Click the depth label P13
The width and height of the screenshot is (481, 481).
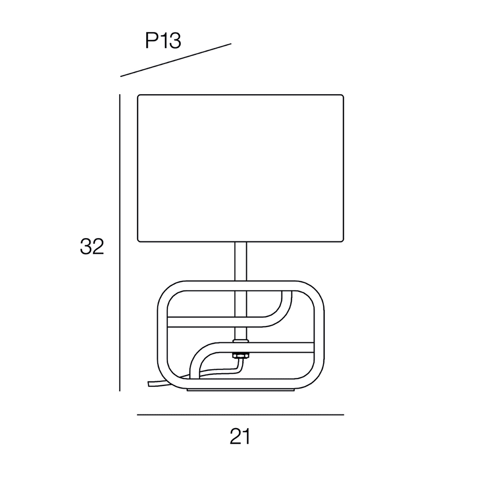pyautogui.click(x=163, y=40)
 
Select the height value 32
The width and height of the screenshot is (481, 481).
pyautogui.click(x=92, y=246)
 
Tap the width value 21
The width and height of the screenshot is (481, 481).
pyautogui.click(x=240, y=437)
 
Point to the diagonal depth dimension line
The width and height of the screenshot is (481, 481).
pyautogui.click(x=176, y=60)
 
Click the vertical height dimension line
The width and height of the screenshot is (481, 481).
pyautogui.click(x=120, y=242)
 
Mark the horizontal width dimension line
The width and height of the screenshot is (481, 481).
pyautogui.click(x=240, y=415)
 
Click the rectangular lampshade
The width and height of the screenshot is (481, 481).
pyautogui.click(x=240, y=168)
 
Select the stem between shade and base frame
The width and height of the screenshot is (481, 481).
pyautogui.click(x=240, y=261)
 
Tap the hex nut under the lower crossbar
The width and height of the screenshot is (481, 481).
pyautogui.click(x=241, y=355)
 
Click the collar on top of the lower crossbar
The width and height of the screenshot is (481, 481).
pyautogui.click(x=241, y=341)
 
